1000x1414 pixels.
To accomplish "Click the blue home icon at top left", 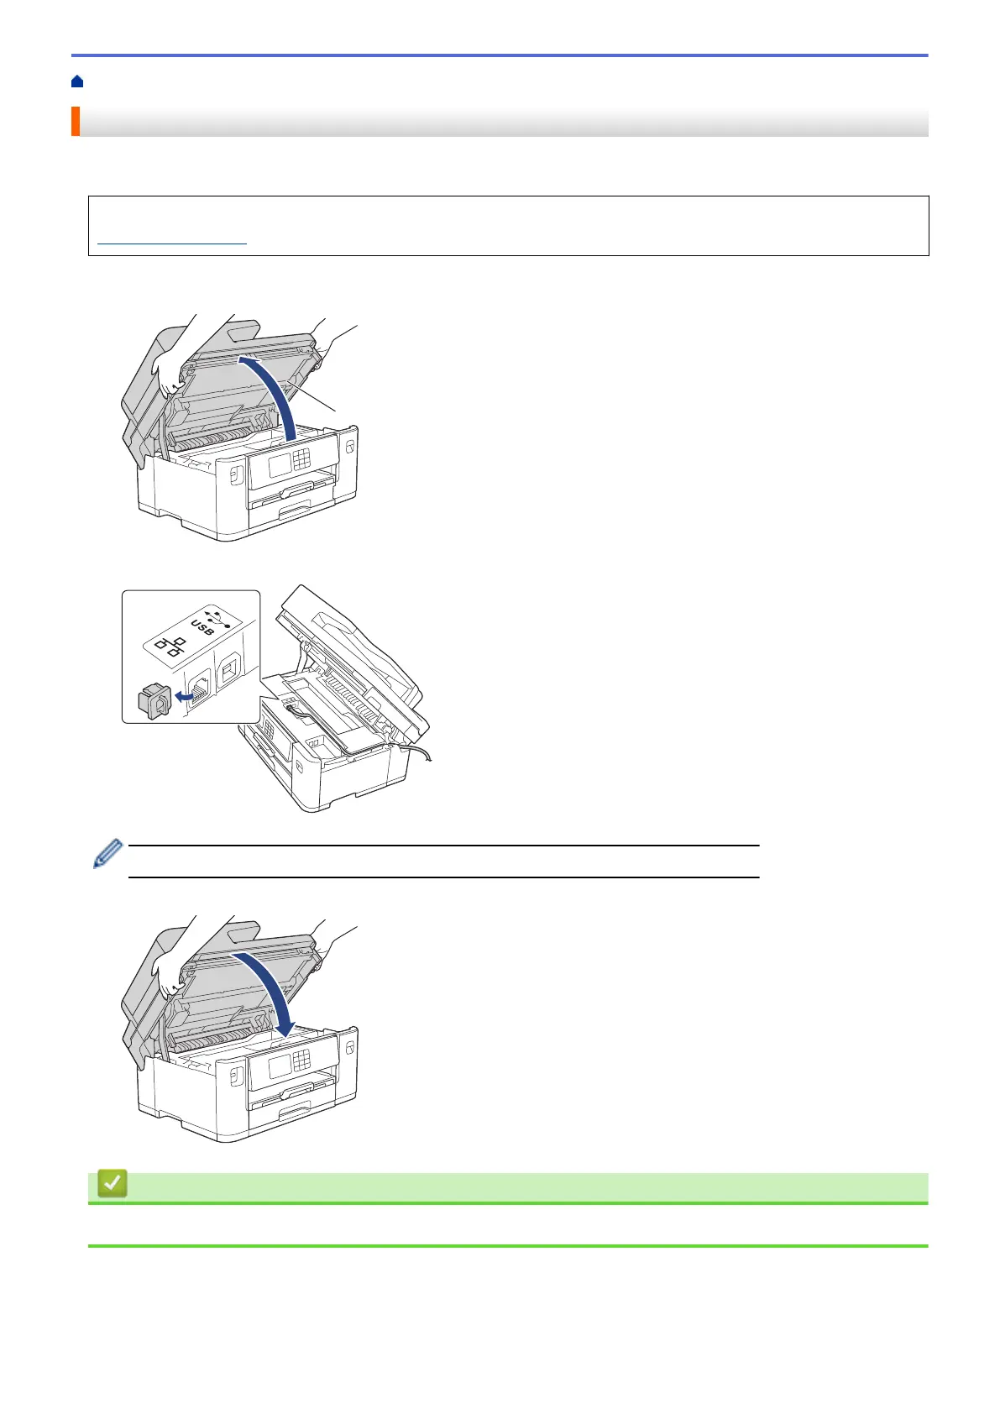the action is pos(77,81).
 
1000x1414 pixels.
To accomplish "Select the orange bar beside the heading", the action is pos(75,121).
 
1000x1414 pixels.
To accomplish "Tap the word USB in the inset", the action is pos(202,626).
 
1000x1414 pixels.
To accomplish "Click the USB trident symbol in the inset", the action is pos(217,615).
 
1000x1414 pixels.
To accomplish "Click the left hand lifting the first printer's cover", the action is pos(167,374).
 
